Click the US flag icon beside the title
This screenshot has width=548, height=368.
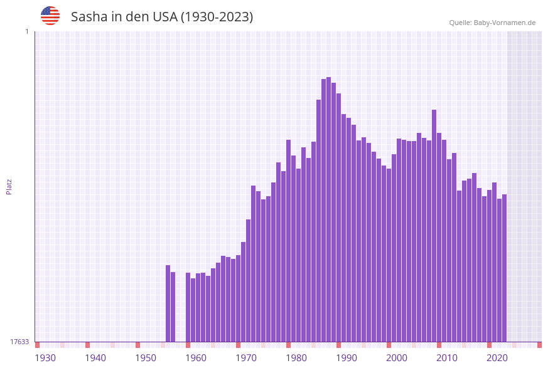[50, 16]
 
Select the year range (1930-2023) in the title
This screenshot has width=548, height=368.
[217, 17]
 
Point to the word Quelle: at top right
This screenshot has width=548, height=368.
[460, 23]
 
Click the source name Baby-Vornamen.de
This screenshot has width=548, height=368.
[505, 23]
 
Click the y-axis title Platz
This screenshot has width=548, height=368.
[9, 186]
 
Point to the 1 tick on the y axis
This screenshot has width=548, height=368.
[26, 31]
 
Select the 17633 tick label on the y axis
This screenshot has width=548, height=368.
[19, 342]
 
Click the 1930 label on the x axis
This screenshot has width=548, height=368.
[45, 357]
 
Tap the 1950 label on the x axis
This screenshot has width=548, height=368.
[146, 357]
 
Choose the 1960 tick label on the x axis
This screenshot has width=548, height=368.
[196, 357]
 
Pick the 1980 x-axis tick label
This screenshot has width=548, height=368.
[296, 357]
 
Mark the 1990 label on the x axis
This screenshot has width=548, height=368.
[347, 357]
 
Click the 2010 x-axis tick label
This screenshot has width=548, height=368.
[447, 357]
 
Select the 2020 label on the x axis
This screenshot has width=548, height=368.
[497, 357]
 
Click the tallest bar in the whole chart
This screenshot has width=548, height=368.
[329, 210]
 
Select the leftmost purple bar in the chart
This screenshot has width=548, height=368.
[168, 303]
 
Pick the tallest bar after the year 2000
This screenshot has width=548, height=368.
[434, 226]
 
